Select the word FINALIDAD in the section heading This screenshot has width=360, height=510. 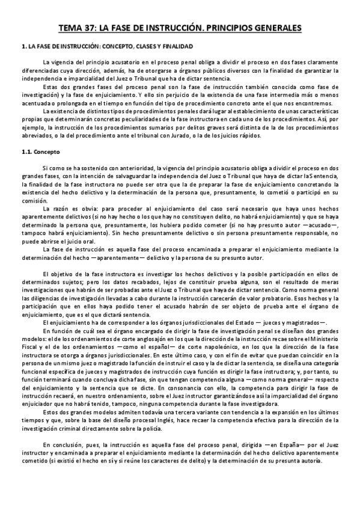[174, 46]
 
